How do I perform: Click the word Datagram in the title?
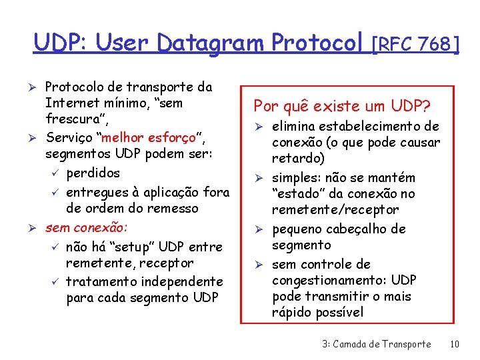tap(212, 43)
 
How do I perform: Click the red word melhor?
tap(123, 138)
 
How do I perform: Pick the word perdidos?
tap(93, 173)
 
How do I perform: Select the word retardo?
tap(298, 159)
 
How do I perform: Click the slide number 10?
tap(455, 344)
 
